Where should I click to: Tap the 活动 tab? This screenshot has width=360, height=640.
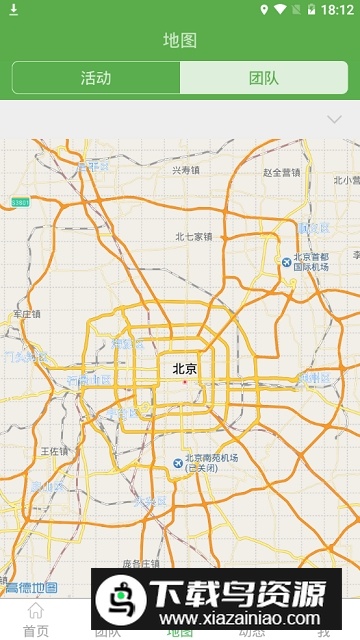tap(96, 78)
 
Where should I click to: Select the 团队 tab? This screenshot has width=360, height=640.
tap(264, 78)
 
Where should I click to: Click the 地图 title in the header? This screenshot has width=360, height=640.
tap(180, 40)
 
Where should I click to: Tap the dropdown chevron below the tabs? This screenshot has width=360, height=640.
tap(335, 120)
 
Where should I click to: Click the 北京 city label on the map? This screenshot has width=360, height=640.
tap(185, 369)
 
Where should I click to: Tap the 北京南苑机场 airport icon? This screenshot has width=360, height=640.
tap(178, 462)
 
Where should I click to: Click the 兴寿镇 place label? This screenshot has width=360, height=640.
tap(186, 170)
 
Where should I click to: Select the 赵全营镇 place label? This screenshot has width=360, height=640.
tap(282, 172)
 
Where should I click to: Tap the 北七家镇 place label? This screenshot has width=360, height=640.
tap(194, 237)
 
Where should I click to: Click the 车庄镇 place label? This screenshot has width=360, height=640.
tap(27, 314)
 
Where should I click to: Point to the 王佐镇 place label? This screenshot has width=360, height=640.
tap(53, 452)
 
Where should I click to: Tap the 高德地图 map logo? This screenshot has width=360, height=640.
tap(30, 587)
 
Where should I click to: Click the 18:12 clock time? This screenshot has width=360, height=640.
tap(338, 10)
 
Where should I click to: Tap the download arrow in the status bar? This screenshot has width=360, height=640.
tap(14, 10)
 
